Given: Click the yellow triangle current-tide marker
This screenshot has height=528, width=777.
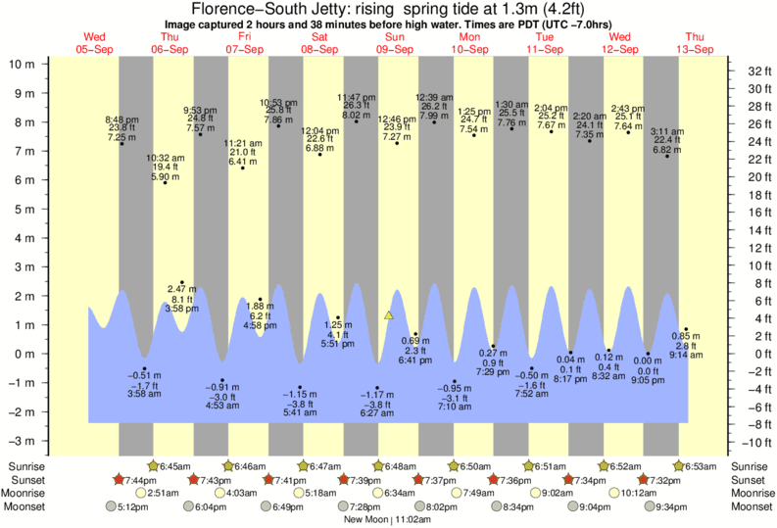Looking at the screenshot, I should click(389, 315).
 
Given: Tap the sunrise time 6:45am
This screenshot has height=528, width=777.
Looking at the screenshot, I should click(174, 465).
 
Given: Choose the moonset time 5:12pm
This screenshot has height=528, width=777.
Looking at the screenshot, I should click(134, 506).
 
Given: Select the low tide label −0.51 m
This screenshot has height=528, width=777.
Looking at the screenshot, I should click(144, 374).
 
